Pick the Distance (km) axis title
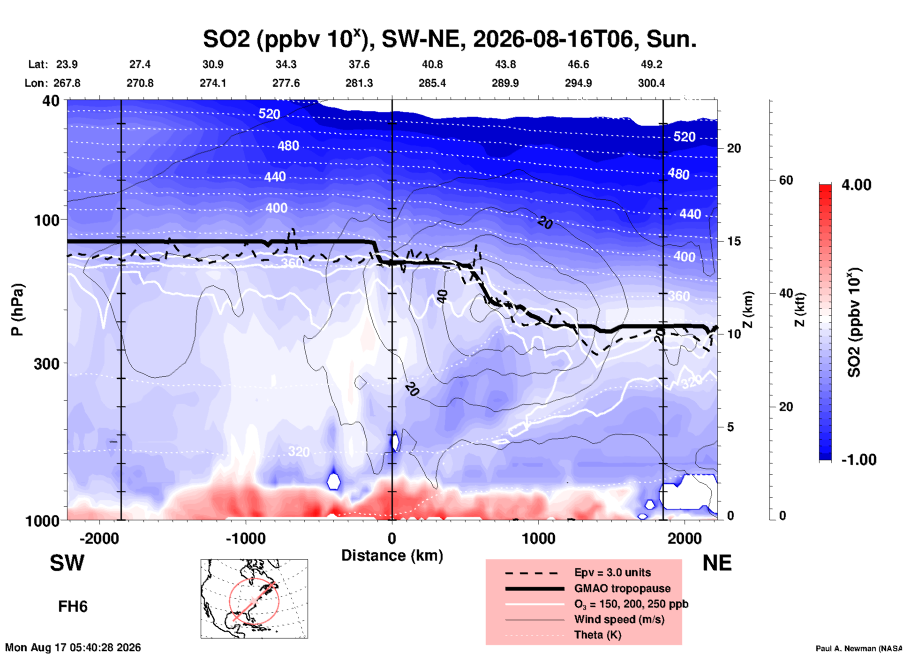point(392,555)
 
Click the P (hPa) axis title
point(17,310)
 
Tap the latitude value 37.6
point(359,64)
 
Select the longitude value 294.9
point(578,83)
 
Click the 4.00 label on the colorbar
point(856,185)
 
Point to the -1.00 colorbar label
point(859,459)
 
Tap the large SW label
point(67,563)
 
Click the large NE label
point(717,563)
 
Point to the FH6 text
point(73,607)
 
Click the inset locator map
point(254,599)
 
